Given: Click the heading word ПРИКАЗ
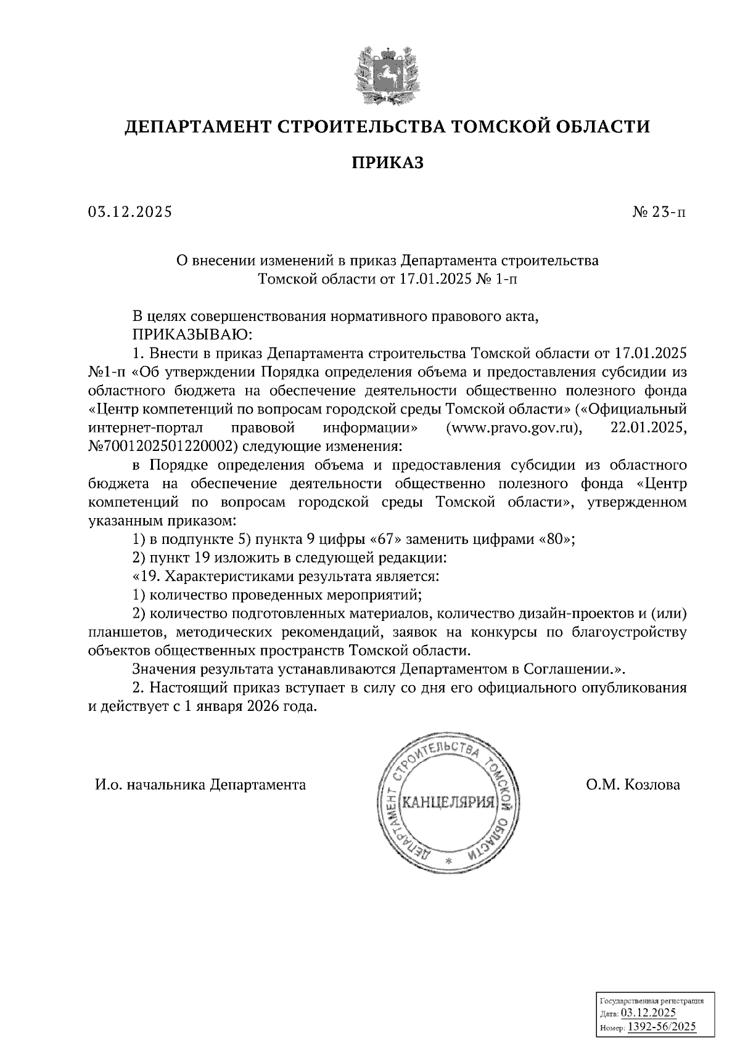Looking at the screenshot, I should [x=388, y=163].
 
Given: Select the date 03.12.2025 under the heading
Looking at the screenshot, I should [x=130, y=213].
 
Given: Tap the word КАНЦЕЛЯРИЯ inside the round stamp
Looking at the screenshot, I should [x=448, y=803].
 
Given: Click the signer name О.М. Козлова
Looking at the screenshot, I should [x=633, y=785].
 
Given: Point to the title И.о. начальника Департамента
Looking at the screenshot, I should [x=200, y=785].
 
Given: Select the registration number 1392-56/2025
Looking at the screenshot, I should [x=661, y=1026].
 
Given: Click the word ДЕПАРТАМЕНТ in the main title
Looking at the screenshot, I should [x=195, y=127].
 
